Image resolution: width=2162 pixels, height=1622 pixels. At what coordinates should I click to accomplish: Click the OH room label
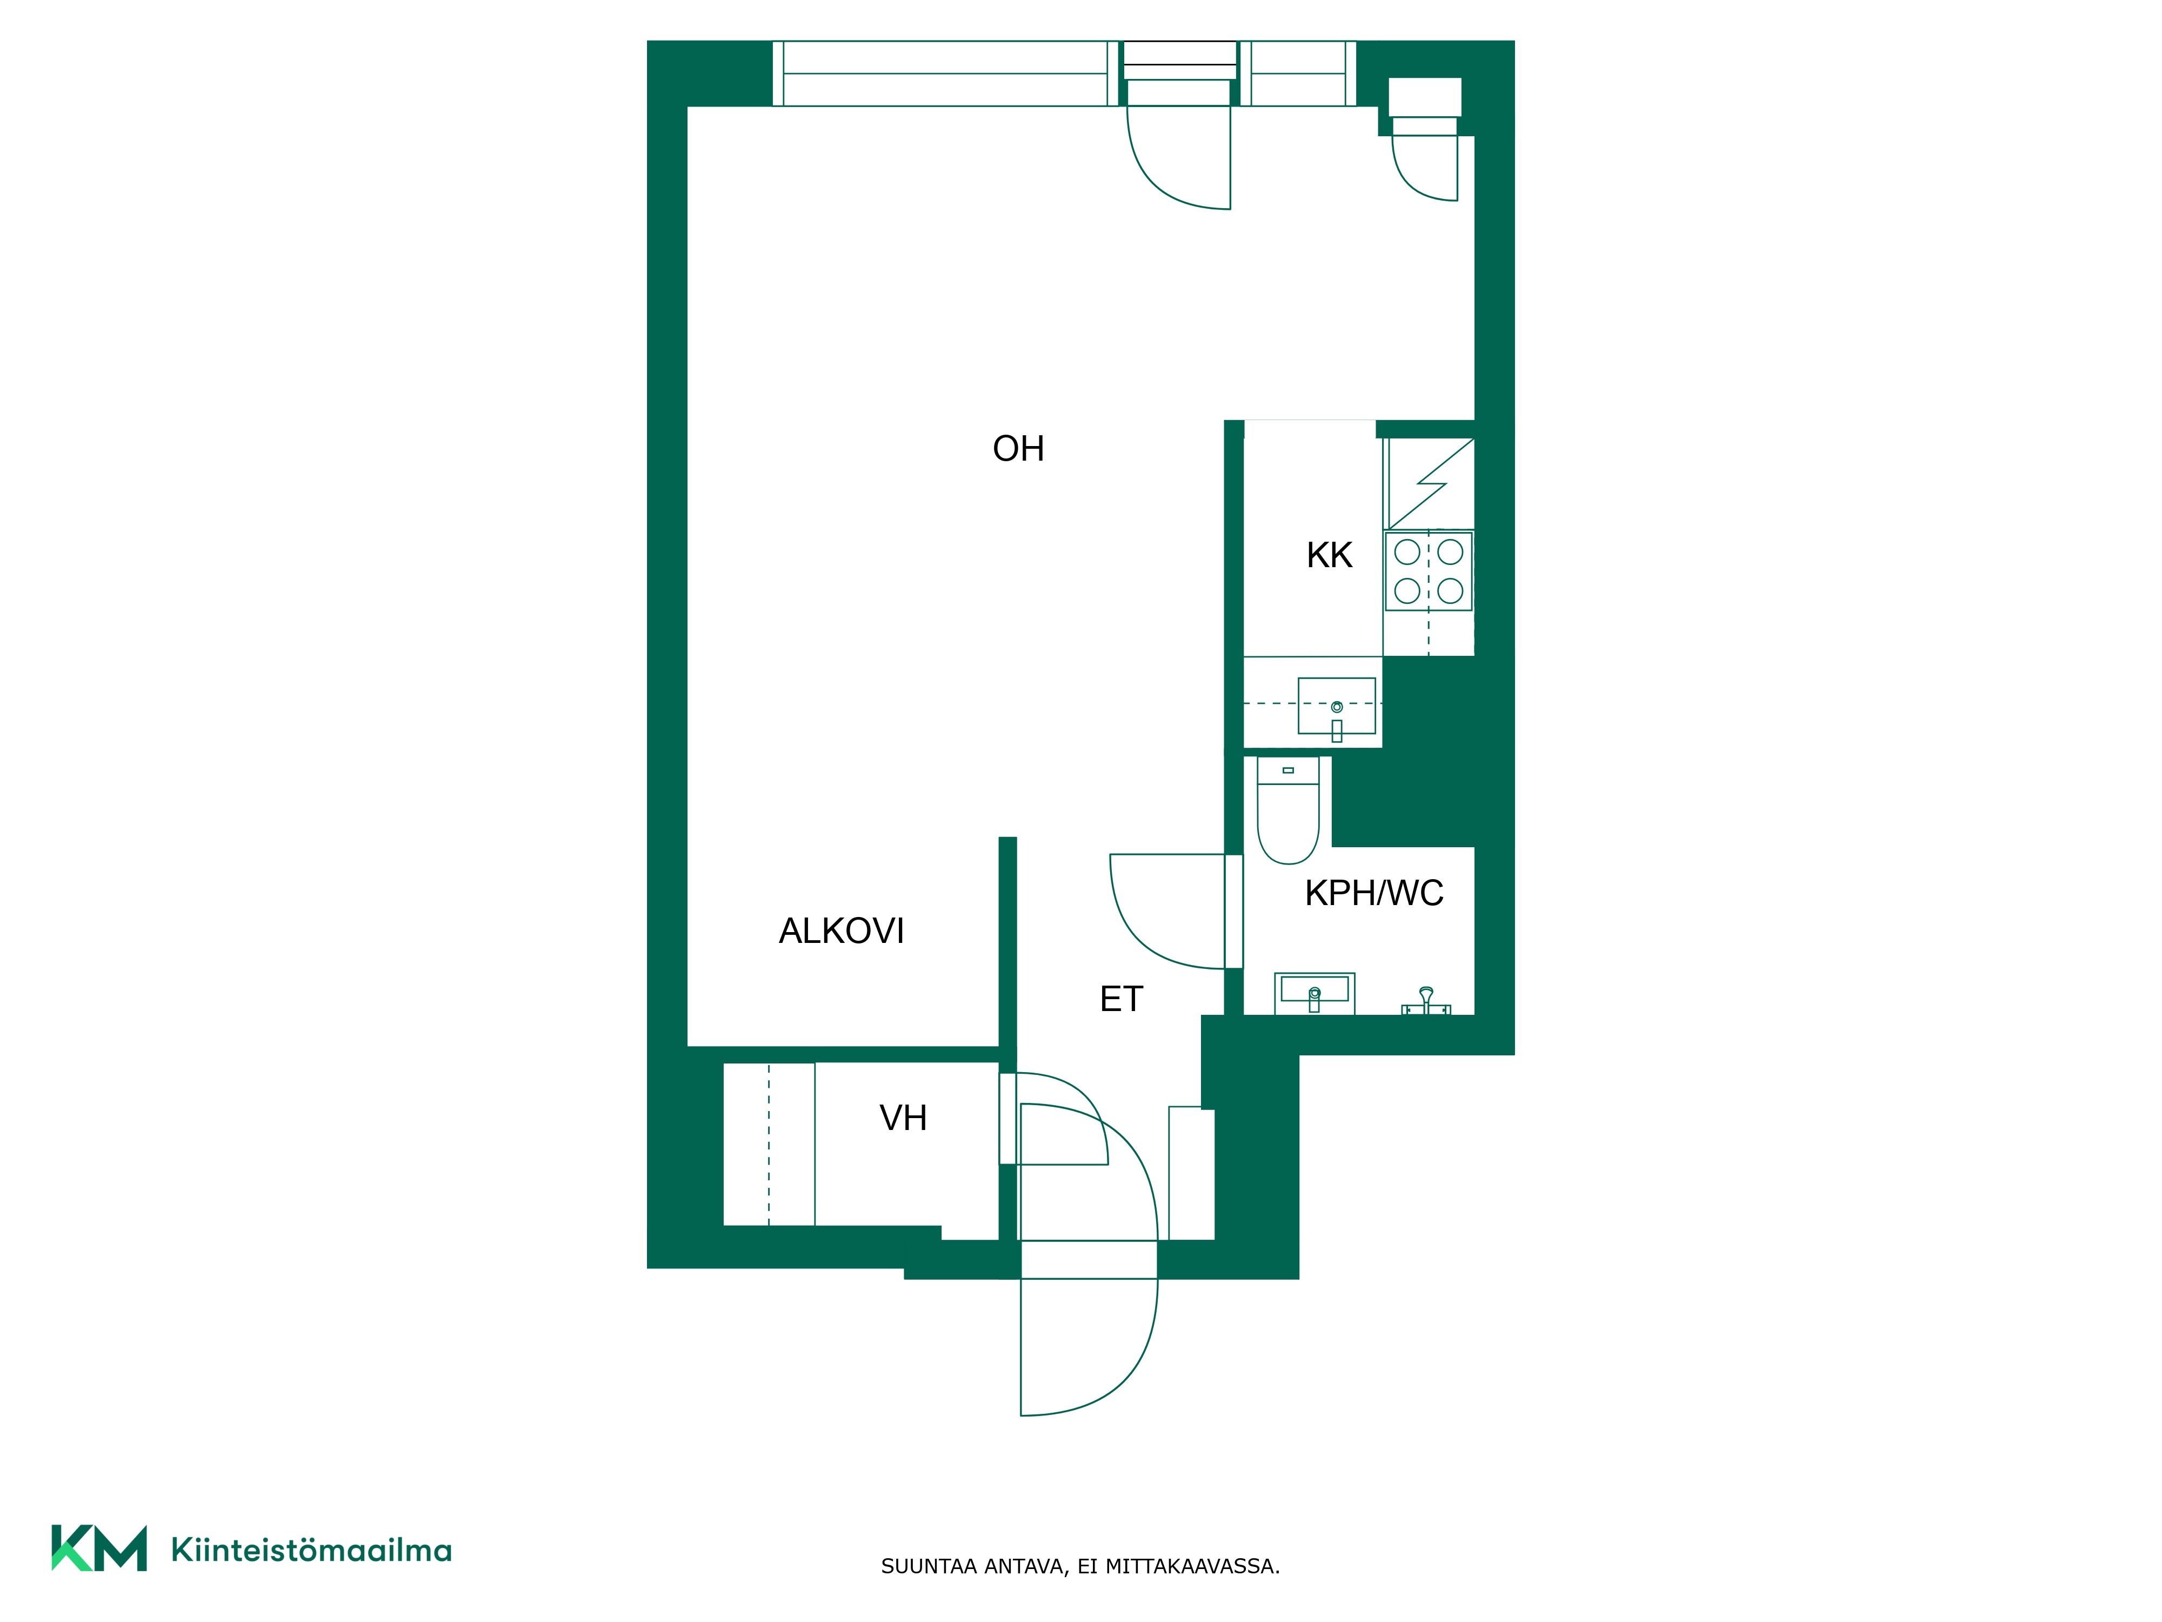coord(1018,449)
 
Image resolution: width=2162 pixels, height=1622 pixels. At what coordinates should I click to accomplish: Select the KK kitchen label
coord(1329,555)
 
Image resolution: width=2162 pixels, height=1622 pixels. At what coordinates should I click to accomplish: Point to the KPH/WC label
coord(1374,893)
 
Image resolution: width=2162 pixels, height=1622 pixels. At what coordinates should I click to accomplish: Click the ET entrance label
coord(1121,999)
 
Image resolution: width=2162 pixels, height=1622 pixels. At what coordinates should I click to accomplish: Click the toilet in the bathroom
coord(1288,809)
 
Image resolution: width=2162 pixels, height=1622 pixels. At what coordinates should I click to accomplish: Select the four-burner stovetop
coord(1428,571)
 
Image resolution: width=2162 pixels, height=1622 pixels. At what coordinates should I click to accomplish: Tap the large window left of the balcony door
coord(944,74)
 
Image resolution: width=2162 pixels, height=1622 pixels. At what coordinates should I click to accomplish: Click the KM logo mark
coord(99,1548)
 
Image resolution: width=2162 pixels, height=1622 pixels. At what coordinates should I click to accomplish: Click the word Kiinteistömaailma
coord(311,1550)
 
